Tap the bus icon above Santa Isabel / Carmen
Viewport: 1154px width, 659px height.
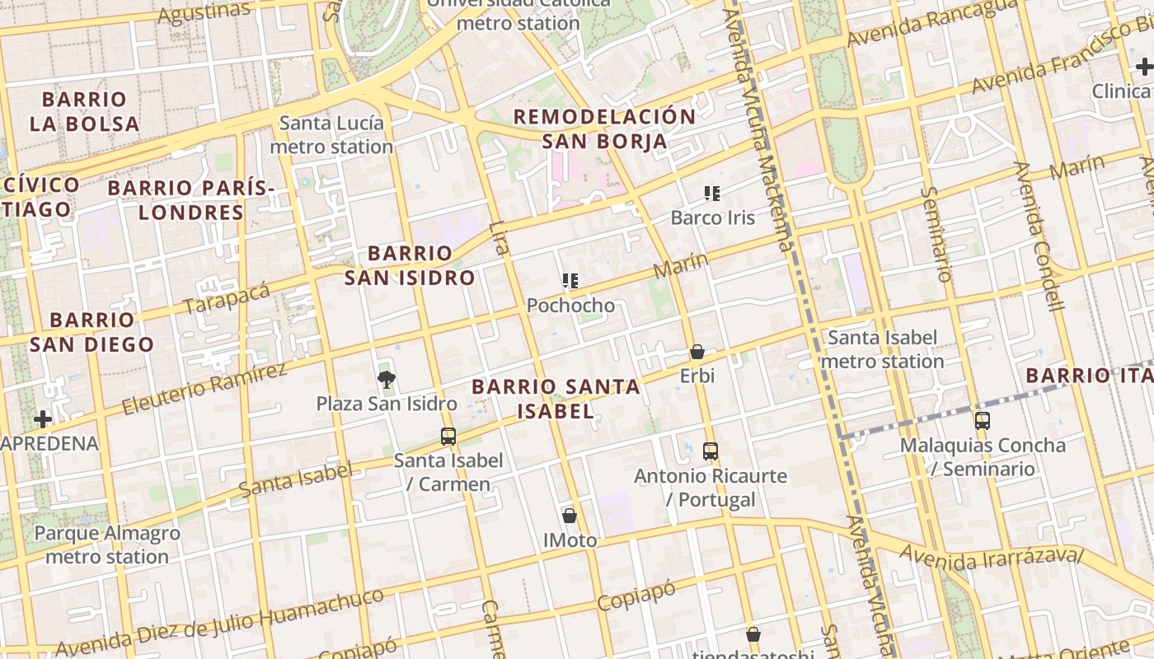click(448, 437)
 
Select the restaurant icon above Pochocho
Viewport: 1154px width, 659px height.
click(570, 282)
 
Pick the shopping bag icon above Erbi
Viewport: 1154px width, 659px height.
click(697, 353)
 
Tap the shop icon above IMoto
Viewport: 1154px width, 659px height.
click(570, 516)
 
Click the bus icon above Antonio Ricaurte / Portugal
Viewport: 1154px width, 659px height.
click(711, 451)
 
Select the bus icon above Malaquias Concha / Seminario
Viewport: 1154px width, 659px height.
click(983, 421)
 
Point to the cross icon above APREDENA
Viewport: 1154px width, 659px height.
click(43, 419)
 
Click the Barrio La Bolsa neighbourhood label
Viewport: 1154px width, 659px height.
click(84, 112)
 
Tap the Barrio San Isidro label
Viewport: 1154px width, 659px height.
click(410, 265)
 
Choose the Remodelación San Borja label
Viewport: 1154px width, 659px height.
click(605, 129)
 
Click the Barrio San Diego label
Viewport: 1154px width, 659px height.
click(91, 332)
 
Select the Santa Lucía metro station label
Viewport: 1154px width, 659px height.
click(331, 135)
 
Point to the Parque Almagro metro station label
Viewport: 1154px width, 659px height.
click(107, 544)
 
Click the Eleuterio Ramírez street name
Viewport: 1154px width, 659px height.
click(204, 388)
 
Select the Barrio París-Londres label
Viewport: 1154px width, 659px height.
click(191, 200)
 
